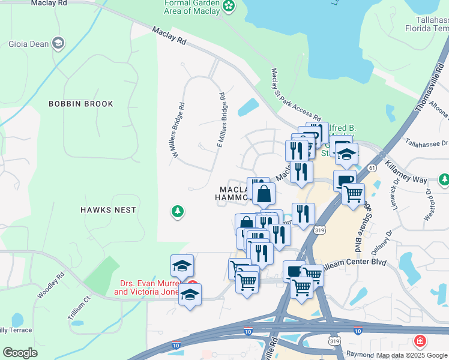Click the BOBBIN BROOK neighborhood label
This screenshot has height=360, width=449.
(81, 104)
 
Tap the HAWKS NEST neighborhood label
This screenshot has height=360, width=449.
(108, 210)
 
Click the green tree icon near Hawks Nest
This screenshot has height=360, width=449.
(177, 211)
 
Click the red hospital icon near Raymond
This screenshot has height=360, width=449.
(421, 341)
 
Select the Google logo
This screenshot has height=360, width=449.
(20, 353)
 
